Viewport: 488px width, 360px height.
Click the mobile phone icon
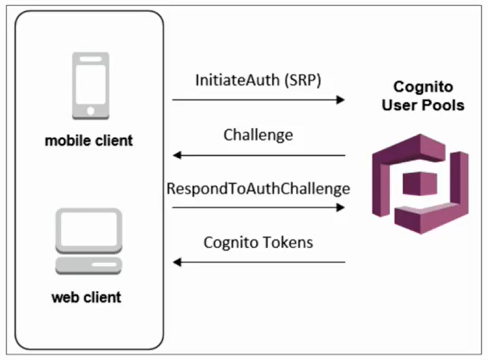[91, 86]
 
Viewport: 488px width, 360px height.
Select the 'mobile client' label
[88, 140]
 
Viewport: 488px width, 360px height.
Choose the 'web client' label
[86, 296]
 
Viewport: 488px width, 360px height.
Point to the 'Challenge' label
[258, 135]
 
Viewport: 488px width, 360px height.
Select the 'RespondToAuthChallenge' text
[258, 188]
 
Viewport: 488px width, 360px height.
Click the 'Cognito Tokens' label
[258, 242]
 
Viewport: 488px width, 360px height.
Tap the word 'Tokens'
[286, 242]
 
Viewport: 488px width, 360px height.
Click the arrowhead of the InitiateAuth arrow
[340, 100]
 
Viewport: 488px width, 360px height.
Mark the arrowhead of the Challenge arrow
[177, 155]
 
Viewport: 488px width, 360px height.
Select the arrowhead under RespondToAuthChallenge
[340, 207]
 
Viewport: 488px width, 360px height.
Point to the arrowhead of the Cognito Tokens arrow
[177, 262]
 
